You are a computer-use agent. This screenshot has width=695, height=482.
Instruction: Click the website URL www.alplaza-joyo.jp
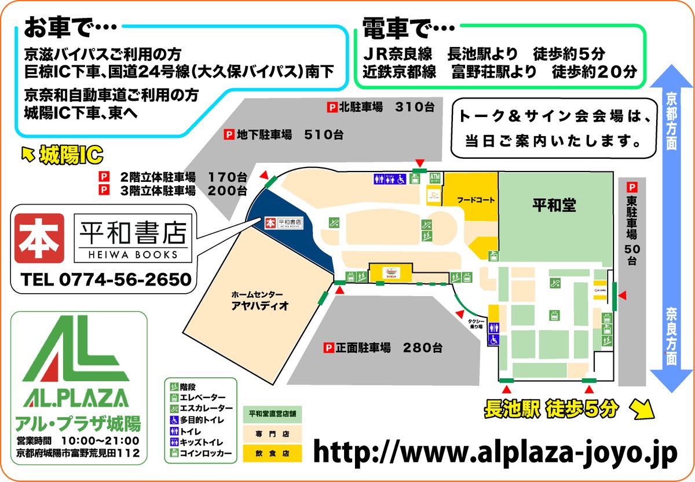[495, 452]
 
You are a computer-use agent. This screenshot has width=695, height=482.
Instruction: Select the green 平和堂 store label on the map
[555, 204]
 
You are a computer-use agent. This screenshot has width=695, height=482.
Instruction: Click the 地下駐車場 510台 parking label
[284, 135]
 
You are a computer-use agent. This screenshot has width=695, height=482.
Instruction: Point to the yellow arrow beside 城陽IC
[27, 154]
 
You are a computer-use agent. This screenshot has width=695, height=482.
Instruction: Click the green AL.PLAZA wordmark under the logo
[76, 398]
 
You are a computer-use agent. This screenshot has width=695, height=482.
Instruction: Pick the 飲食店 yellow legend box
[272, 452]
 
